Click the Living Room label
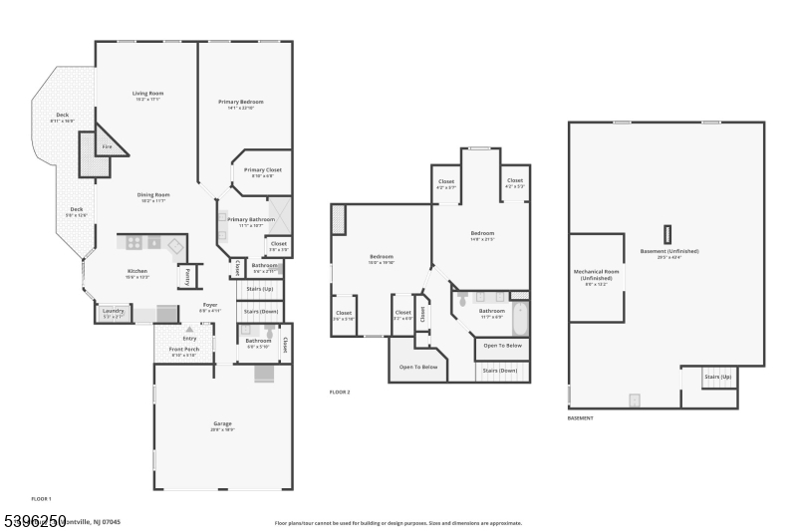point(146,95)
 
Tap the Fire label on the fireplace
point(108,146)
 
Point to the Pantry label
point(185,276)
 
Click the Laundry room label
point(113,312)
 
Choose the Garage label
point(222,424)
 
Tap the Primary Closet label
point(263,170)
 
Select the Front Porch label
point(183,350)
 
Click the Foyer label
point(209,305)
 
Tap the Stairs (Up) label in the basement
point(717,377)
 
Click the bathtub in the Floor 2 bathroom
point(519,319)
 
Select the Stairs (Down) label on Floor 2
point(502,371)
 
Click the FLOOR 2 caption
point(340,393)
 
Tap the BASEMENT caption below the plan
point(581,418)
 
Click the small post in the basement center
point(666,233)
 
